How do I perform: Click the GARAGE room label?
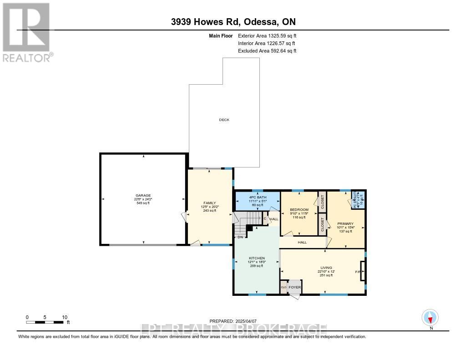point(142,195)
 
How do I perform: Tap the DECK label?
point(224,120)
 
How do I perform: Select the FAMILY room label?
point(209,203)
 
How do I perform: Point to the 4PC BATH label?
point(257,197)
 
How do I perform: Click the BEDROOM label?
point(299,210)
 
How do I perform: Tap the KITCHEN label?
point(257,258)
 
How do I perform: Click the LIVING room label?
point(325,268)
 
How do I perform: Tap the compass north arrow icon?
point(430,317)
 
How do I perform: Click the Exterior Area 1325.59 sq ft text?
point(268,35)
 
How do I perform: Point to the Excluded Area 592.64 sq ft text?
point(267,51)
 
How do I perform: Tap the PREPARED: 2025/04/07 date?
point(235,321)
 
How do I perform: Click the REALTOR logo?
point(27,32)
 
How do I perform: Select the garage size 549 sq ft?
point(142,203)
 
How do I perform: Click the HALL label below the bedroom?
point(302,243)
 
